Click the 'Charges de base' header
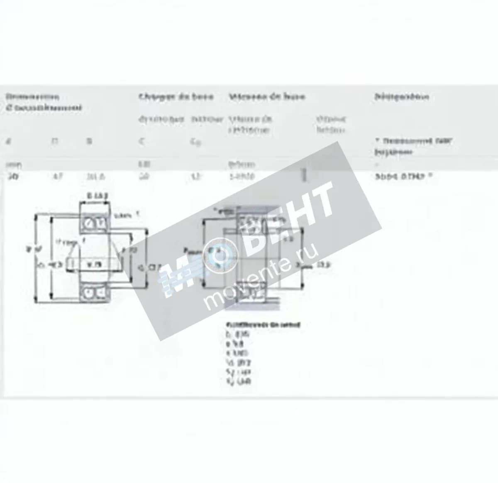176,97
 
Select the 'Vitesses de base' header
267,97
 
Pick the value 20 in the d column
11,176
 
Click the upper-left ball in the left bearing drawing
88,223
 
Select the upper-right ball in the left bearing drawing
100,223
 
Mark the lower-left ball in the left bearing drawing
88,292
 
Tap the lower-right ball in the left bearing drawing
100,292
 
